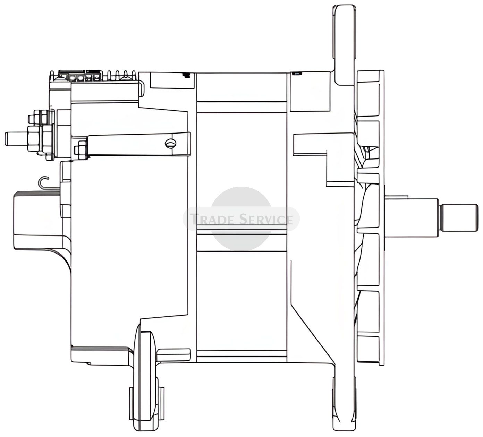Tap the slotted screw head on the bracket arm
pyautogui.click(x=170, y=144)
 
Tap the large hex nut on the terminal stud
pyautogui.click(x=39, y=139)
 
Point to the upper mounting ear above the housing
pyautogui.click(x=344, y=44)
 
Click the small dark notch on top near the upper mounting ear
pyautogui.click(x=297, y=73)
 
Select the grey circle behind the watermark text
pyautogui.click(x=241, y=218)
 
